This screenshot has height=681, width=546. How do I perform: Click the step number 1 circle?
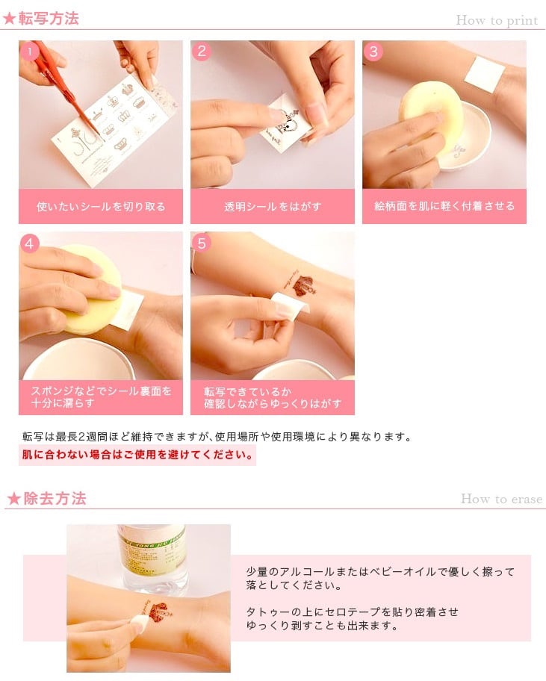point(30,52)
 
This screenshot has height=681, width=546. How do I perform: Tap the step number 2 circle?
point(201,52)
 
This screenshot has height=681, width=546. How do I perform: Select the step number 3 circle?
point(373,52)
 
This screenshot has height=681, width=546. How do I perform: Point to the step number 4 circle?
point(30,243)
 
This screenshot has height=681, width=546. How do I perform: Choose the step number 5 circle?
point(201,243)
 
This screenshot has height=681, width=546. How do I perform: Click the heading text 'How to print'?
point(497,20)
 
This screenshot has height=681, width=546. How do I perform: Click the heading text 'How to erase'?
point(502,499)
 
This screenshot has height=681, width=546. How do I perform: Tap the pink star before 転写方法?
point(9,19)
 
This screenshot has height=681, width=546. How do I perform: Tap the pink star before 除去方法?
point(14,499)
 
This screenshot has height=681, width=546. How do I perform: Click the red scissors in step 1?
point(65,87)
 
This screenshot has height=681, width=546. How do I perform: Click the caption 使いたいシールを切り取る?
point(101,206)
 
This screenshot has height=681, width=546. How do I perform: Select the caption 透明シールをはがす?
point(273,206)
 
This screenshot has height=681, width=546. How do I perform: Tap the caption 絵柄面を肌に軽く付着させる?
point(444,206)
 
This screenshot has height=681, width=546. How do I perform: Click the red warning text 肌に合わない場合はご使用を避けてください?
point(137,455)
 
